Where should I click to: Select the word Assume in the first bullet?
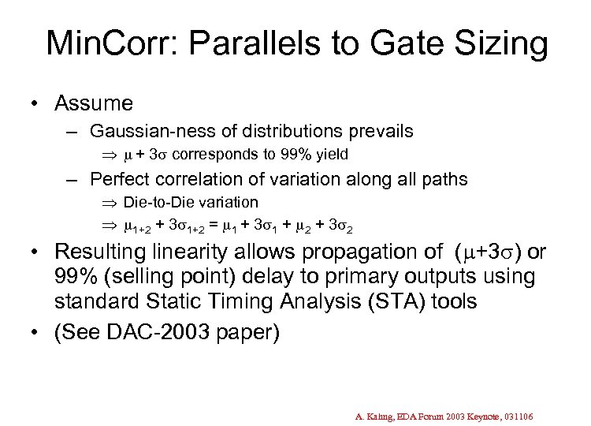(94, 103)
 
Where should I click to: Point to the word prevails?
(385, 130)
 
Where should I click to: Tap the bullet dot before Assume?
(36, 103)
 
